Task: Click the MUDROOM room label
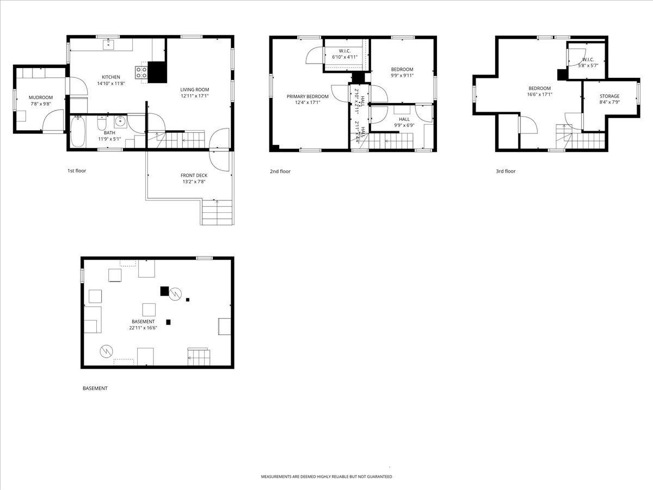(x=41, y=97)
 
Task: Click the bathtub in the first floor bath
(x=77, y=131)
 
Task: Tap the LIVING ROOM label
(x=195, y=89)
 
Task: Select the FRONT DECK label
(x=194, y=175)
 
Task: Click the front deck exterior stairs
(x=217, y=213)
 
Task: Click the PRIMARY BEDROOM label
(x=307, y=96)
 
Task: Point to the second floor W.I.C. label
(x=344, y=51)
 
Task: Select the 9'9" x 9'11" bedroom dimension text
(x=402, y=76)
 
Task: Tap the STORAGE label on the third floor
(x=609, y=96)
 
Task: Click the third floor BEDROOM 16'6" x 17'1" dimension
(x=539, y=94)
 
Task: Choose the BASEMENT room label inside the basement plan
(x=143, y=322)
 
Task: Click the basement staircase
(x=199, y=357)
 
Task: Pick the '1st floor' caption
(x=77, y=171)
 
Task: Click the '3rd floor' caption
(x=506, y=171)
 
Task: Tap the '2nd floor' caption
(x=280, y=171)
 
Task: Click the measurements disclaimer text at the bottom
(x=326, y=476)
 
